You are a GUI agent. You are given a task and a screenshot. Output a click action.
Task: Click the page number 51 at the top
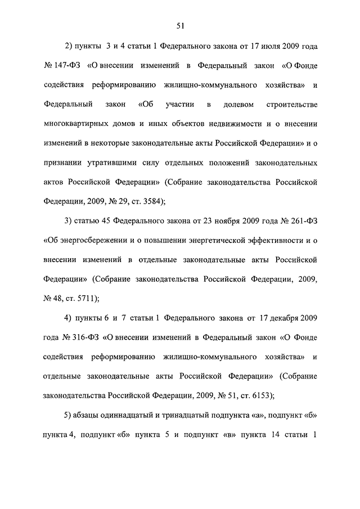coord(180,25)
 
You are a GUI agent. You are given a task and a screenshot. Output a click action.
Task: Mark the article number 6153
coord(259,395)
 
